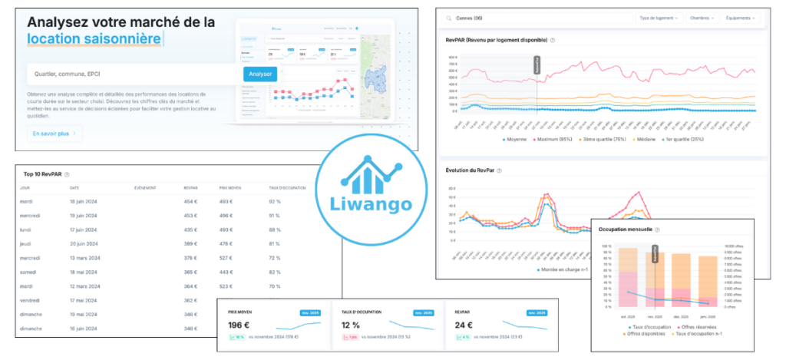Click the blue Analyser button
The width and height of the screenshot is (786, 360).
click(260, 74)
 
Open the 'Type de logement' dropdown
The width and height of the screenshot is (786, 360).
click(657, 17)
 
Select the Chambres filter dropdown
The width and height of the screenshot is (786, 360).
click(702, 17)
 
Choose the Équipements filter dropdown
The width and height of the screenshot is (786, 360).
click(741, 17)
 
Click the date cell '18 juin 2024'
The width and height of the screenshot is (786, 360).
click(86, 202)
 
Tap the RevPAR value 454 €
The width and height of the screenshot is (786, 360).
click(191, 202)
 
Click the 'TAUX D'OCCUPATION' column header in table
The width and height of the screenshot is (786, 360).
click(286, 187)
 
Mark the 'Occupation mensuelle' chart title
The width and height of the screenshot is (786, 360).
click(626, 230)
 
